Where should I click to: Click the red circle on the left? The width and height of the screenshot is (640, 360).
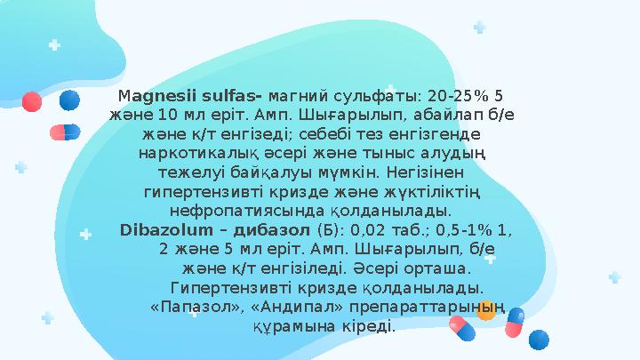coord(31,101)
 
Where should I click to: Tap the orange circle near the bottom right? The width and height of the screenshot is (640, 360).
coord(486,310)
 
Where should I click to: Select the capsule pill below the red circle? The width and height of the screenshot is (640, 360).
coord(64,132)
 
